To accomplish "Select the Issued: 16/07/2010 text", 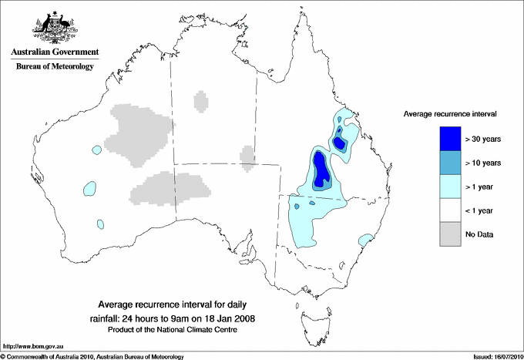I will [492, 356].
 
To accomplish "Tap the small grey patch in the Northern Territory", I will [200, 101].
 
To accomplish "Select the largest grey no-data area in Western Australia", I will [138, 135].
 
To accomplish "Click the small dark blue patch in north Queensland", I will [340, 139].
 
